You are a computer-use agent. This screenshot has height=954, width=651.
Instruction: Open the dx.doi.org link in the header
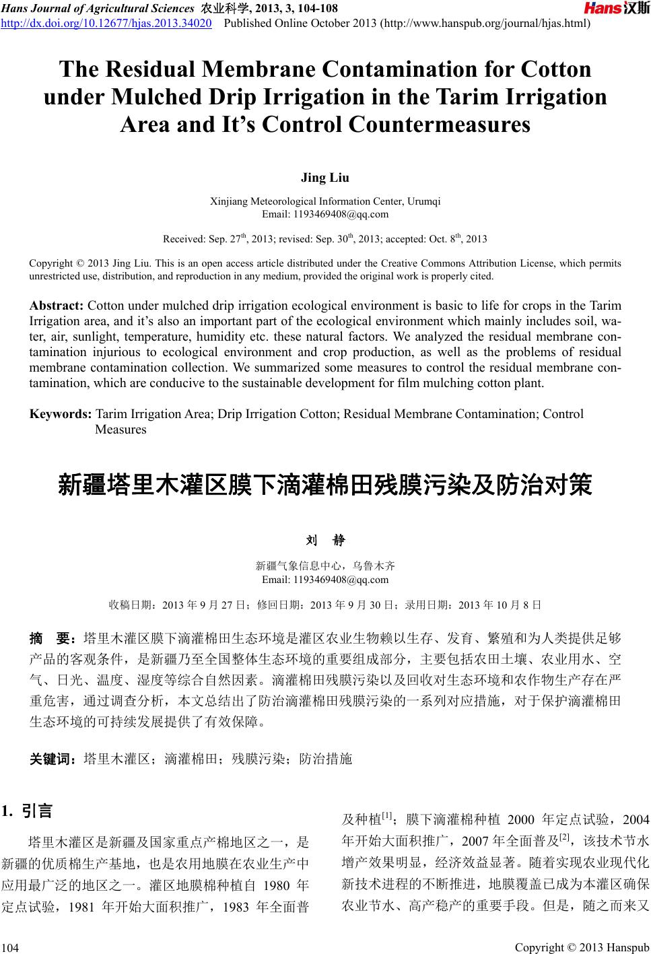pos(108,24)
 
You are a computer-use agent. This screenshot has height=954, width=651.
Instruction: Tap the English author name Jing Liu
pos(325,178)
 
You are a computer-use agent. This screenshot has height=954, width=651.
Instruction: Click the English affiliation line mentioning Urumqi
pos(325,201)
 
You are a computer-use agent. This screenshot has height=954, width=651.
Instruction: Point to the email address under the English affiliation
pos(325,214)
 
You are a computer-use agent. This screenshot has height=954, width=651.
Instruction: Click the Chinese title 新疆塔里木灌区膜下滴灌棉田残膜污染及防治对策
pos(325,485)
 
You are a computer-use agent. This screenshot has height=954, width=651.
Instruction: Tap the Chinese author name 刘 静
pos(325,541)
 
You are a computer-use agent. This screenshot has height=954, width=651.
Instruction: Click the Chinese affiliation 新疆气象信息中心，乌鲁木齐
pos(325,566)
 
